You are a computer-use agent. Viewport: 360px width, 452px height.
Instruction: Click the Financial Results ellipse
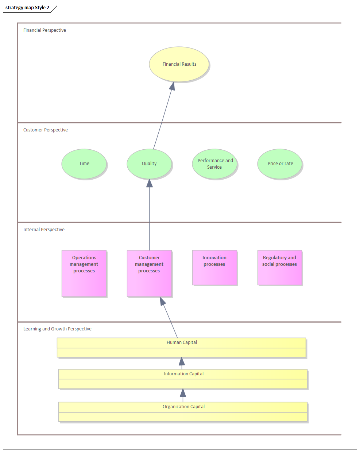pyautogui.click(x=179, y=64)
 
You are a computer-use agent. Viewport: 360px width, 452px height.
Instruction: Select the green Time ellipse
pyautogui.click(x=84, y=164)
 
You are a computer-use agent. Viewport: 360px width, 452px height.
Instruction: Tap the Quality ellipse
pyautogui.click(x=149, y=164)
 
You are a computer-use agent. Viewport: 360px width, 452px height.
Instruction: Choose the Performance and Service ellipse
pyautogui.click(x=215, y=164)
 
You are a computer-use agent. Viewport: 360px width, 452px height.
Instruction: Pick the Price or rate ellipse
pyautogui.click(x=280, y=164)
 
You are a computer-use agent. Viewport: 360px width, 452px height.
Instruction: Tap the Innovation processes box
pyautogui.click(x=214, y=267)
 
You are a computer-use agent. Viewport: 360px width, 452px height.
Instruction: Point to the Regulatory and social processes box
pyautogui.click(x=280, y=267)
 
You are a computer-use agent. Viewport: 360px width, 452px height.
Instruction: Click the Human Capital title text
pyautogui.click(x=182, y=342)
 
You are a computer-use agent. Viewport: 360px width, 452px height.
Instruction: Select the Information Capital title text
pyautogui.click(x=183, y=374)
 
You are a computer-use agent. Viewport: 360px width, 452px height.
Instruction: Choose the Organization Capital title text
pyautogui.click(x=183, y=407)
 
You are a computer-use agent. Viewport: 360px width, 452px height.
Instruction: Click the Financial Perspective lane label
pyautogui.click(x=44, y=30)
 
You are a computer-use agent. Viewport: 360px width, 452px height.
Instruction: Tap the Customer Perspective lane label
pyautogui.click(x=46, y=130)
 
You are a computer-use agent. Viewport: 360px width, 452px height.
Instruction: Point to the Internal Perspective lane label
pyautogui.click(x=44, y=230)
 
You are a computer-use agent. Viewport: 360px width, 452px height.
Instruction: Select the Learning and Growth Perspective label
pyautogui.click(x=57, y=329)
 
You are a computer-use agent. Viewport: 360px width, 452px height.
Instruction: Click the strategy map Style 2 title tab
pyautogui.click(x=27, y=8)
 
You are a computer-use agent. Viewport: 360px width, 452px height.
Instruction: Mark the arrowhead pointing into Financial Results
pyautogui.click(x=172, y=86)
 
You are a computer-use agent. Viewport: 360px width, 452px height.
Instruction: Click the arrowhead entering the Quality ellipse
pyautogui.click(x=149, y=183)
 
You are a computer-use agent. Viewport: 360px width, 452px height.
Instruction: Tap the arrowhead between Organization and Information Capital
pyautogui.click(x=183, y=393)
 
